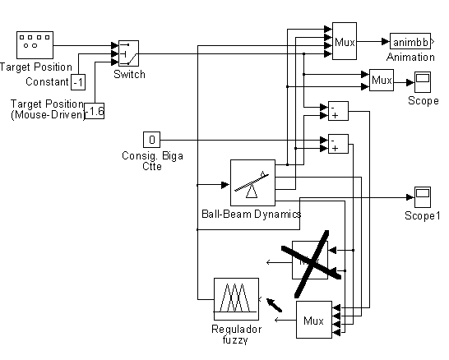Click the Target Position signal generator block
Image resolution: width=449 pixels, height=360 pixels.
pyautogui.click(x=35, y=45)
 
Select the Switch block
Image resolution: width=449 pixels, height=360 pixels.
pyautogui.click(x=128, y=53)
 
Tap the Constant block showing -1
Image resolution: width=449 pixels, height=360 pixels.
pyautogui.click(x=78, y=82)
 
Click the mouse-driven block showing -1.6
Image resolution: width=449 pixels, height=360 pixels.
pyautogui.click(x=95, y=111)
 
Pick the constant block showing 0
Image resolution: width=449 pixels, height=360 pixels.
pyautogui.click(x=152, y=140)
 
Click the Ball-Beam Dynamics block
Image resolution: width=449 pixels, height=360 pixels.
pyautogui.click(x=252, y=182)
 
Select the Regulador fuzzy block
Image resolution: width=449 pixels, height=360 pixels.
pyautogui.click(x=237, y=299)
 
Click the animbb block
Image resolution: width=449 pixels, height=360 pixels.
pyautogui.click(x=410, y=42)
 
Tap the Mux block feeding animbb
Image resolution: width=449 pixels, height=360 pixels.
pyautogui.click(x=345, y=41)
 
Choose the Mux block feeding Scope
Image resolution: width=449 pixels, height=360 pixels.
pyautogui.click(x=382, y=80)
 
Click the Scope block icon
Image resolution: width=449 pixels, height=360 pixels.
pyautogui.click(x=423, y=82)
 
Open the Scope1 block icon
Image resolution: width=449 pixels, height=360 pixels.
pyautogui.click(x=423, y=197)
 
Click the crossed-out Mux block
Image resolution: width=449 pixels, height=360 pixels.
pyautogui.click(x=310, y=260)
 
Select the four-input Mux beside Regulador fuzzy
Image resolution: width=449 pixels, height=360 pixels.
pyautogui.click(x=314, y=320)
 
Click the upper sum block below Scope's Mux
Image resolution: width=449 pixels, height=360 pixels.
pyautogui.click(x=338, y=111)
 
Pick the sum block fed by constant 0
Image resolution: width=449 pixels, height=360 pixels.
pyautogui.click(x=338, y=144)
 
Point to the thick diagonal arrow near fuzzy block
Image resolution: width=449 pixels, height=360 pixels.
pyautogui.click(x=275, y=305)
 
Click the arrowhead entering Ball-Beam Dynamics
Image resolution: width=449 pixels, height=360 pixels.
pyautogui.click(x=225, y=185)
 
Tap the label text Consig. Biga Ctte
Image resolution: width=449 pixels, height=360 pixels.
pyautogui.click(x=152, y=161)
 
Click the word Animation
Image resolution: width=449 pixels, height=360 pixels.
pyautogui.click(x=410, y=58)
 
